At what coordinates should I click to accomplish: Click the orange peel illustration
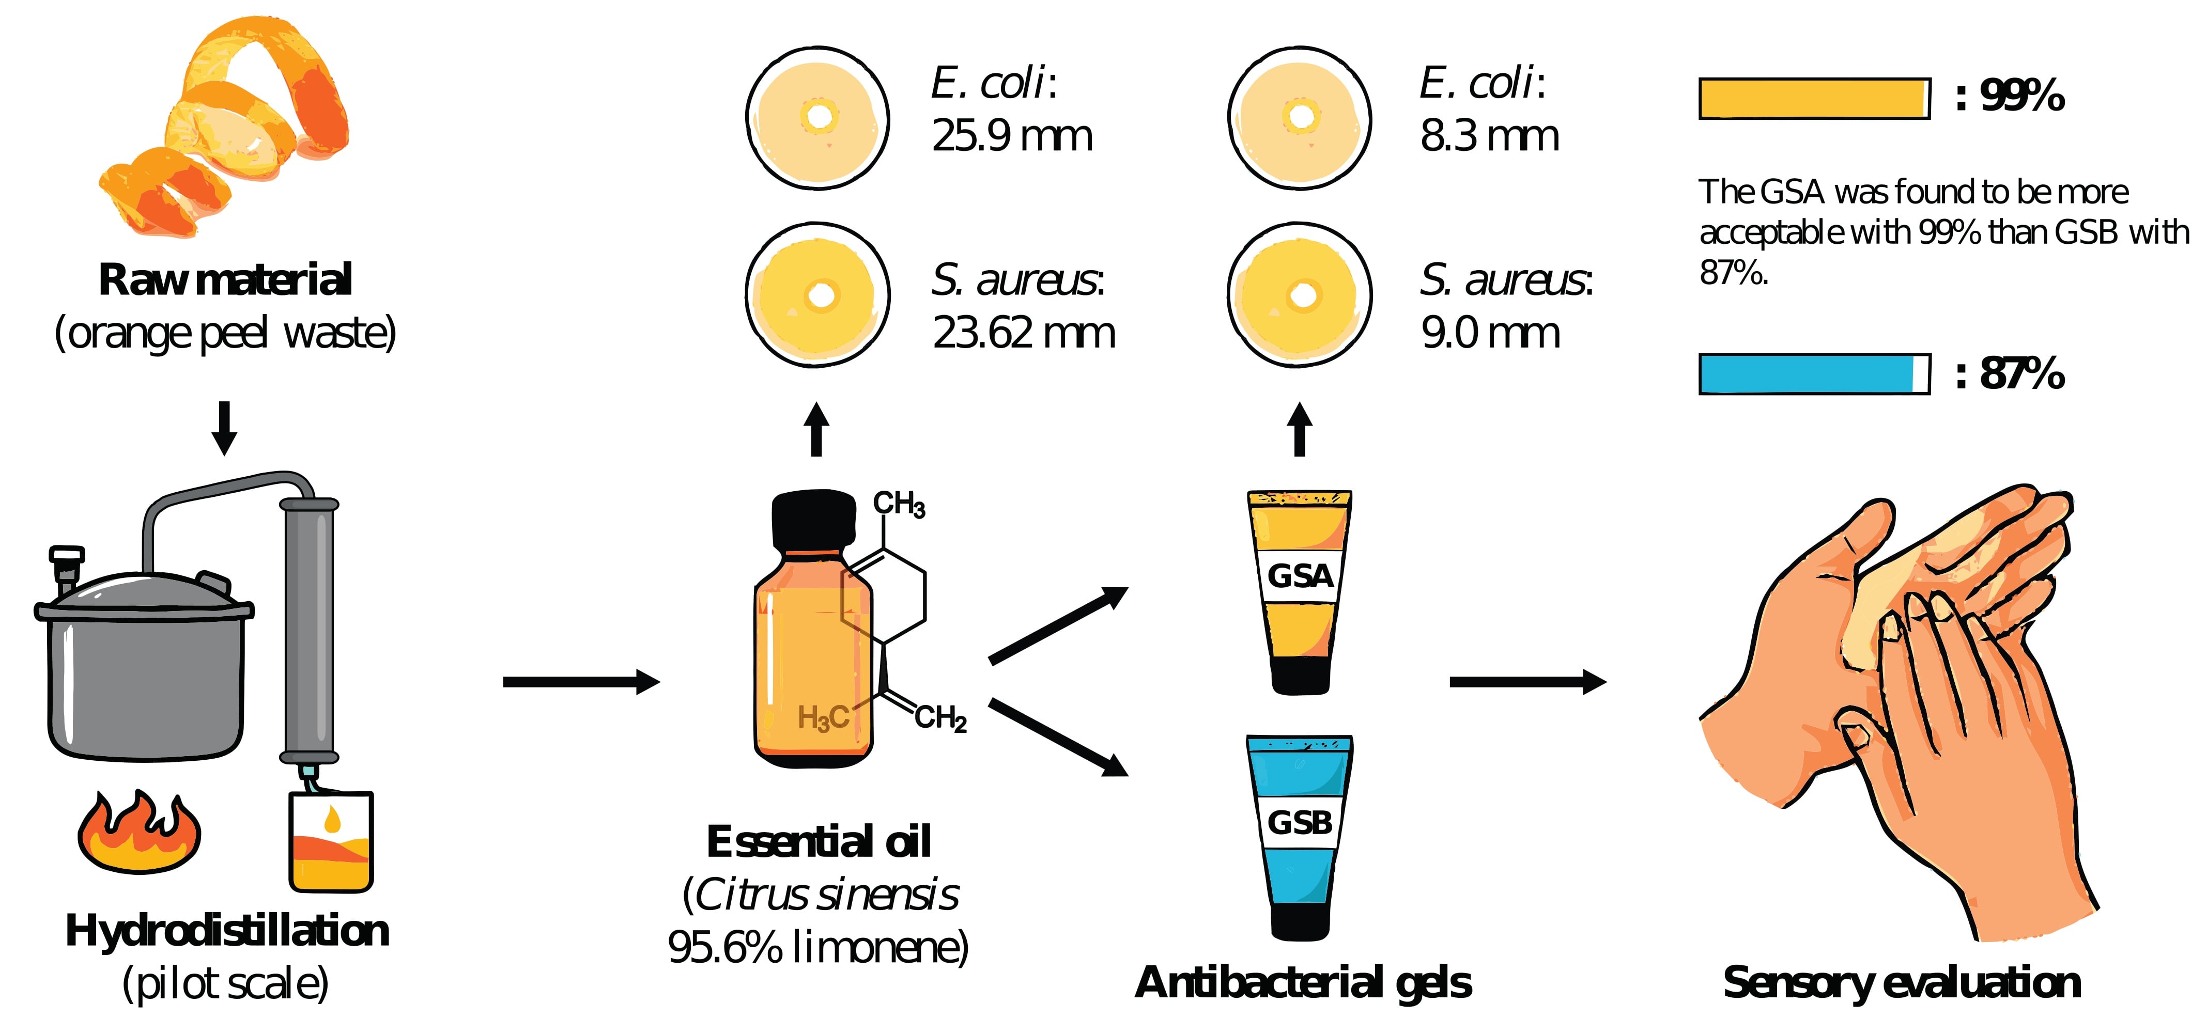click(227, 129)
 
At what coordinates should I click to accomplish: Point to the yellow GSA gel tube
click(1300, 591)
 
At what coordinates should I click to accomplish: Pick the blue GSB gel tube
click(1300, 835)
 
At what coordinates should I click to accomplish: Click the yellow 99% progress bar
click(1814, 99)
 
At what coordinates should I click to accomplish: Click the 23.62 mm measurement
click(1024, 333)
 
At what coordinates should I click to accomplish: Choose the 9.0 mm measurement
click(1490, 333)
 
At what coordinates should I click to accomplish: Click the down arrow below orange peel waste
click(224, 428)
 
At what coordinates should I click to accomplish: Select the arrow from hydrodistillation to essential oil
click(581, 682)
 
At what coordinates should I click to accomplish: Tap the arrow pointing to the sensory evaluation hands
click(1527, 682)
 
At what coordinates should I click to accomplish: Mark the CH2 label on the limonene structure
click(940, 718)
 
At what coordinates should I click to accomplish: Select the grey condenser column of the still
click(308, 630)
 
